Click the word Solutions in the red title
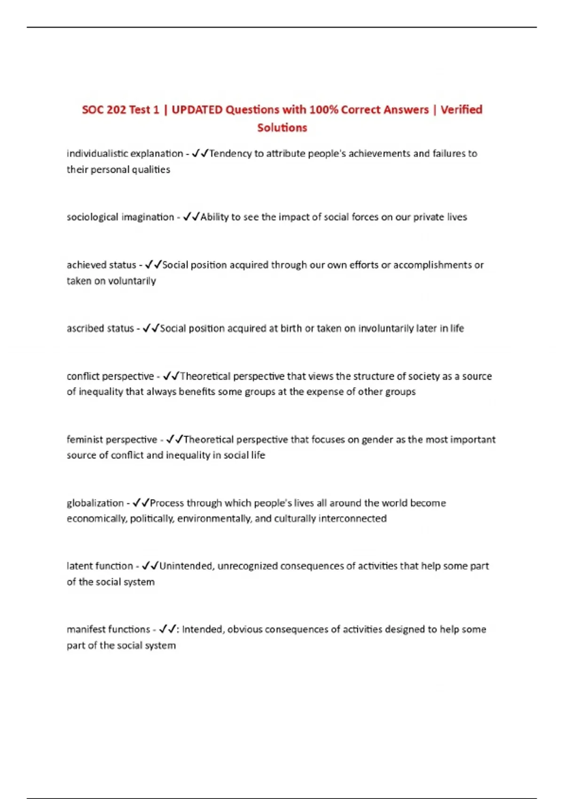pyautogui.click(x=282, y=127)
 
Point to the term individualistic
pyautogui.click(x=97, y=153)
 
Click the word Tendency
pyautogui.click(x=230, y=153)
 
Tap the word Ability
pyautogui.click(x=214, y=217)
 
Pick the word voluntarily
pyautogui.click(x=132, y=281)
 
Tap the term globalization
pyautogui.click(x=95, y=503)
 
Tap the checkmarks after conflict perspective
pyautogui.click(x=171, y=376)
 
